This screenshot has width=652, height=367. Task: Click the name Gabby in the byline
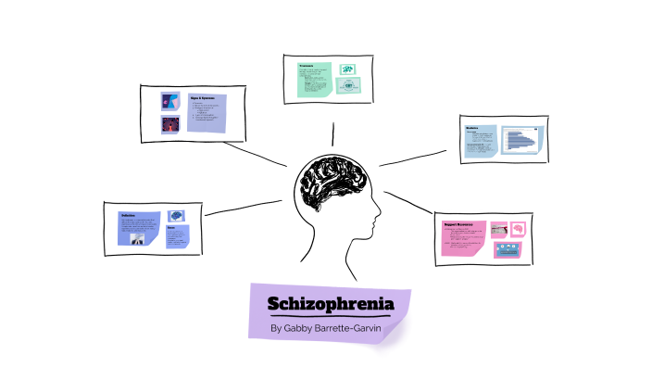coord(300,328)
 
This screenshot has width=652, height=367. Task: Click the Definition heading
coord(129,215)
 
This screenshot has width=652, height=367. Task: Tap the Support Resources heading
coord(460,223)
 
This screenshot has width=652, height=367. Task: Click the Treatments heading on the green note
coord(306,66)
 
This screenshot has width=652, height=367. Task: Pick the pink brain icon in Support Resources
coord(518,227)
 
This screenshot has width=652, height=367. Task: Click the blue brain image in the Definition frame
coord(175,215)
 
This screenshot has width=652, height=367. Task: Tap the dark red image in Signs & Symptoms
coord(169,124)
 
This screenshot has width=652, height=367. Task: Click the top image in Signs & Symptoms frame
coord(169,101)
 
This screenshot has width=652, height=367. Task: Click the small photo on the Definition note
coord(134,238)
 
